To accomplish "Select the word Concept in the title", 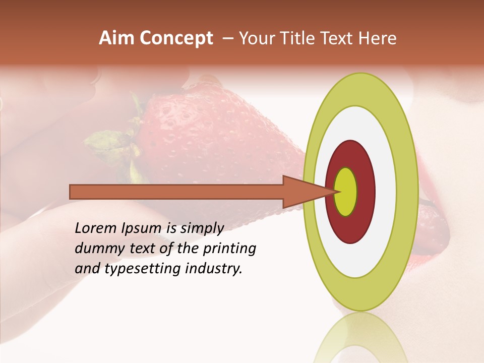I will pos(176,39).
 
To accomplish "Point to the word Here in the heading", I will pos(378,38).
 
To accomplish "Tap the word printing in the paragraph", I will pos(229,249).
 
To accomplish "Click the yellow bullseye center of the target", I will pos(346,192).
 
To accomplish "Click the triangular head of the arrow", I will pos(302,192).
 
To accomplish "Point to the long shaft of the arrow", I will pos(176,192).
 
